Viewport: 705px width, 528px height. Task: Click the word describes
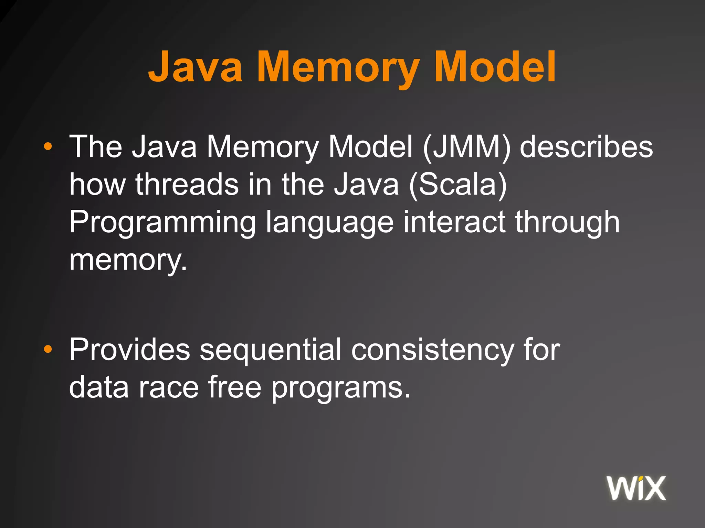(x=586, y=147)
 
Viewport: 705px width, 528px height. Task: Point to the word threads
(x=187, y=184)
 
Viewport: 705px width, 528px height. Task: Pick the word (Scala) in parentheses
(x=458, y=185)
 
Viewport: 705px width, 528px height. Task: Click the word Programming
(x=162, y=223)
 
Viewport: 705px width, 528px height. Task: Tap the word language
(x=329, y=223)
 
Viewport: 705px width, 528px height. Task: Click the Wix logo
(x=636, y=488)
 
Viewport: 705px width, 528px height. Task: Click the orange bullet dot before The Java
(x=48, y=147)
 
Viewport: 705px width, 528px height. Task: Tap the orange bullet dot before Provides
(x=48, y=350)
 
